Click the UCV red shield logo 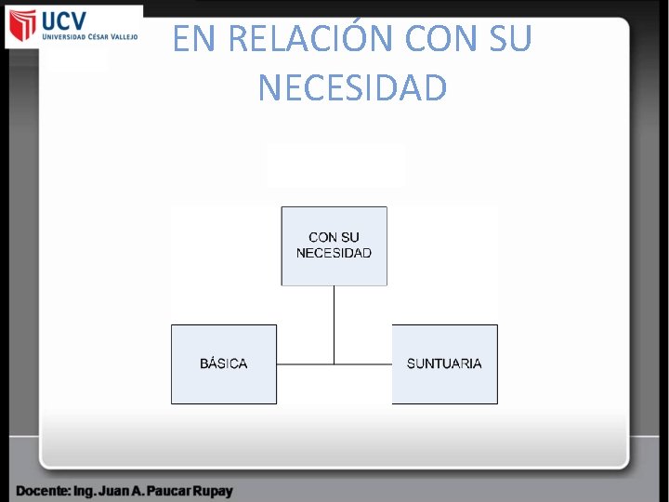(22, 26)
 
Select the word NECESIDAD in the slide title (352, 88)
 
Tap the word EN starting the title (192, 39)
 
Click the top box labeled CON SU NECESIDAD (334, 245)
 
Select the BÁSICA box (224, 363)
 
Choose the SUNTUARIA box (444, 363)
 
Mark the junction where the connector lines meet (334, 363)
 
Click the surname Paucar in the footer (162, 490)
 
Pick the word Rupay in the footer (211, 490)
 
